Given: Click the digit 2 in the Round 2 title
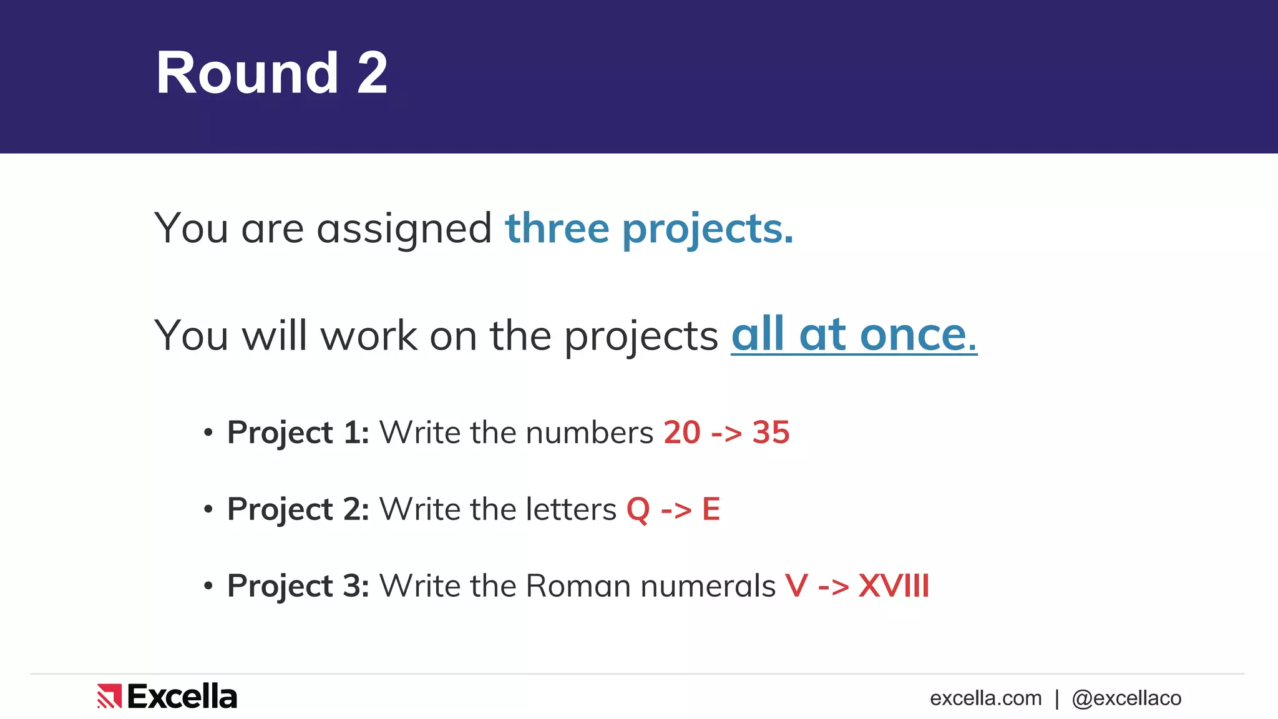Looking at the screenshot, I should (x=372, y=73).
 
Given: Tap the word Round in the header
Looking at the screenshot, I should (x=247, y=73).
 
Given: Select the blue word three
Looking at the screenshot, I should (x=557, y=228).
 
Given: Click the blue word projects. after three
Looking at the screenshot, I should (x=708, y=230).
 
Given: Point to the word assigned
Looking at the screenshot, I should (x=404, y=230).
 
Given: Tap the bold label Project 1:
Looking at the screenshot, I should (x=298, y=433).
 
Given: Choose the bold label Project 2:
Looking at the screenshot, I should (x=298, y=509).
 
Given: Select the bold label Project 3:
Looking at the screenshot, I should (x=298, y=586).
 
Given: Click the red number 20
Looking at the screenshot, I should (x=682, y=433).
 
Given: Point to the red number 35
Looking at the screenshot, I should (x=771, y=433).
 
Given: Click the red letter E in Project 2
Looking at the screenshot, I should (x=711, y=509).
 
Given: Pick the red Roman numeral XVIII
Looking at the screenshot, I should (x=894, y=586).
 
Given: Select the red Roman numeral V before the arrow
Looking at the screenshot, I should (x=796, y=586).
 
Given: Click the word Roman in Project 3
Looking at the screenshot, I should (x=578, y=586).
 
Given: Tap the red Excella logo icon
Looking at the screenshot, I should (x=109, y=696).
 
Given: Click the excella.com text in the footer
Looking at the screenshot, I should (x=985, y=698).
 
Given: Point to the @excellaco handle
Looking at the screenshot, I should (x=1126, y=698).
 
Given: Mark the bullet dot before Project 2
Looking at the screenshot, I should (x=208, y=509).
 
